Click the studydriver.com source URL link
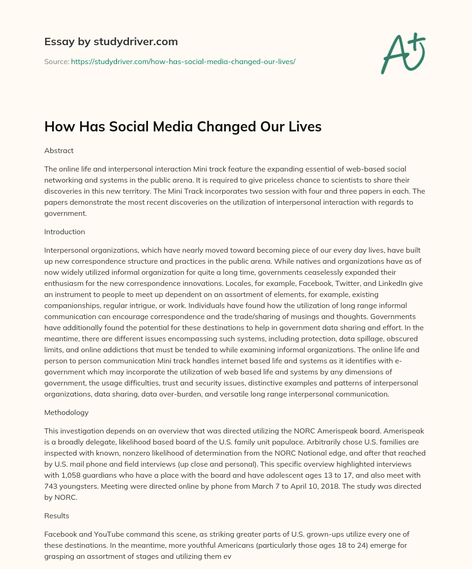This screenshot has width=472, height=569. (x=183, y=61)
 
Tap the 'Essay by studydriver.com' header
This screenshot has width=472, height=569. (x=111, y=41)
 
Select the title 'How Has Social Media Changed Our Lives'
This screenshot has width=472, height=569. (x=183, y=127)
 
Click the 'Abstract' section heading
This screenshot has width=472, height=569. (x=59, y=150)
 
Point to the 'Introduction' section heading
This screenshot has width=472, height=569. (x=65, y=231)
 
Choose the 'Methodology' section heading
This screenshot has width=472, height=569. (x=66, y=412)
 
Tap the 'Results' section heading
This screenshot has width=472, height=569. (x=56, y=516)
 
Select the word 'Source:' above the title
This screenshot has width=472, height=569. (x=56, y=61)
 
